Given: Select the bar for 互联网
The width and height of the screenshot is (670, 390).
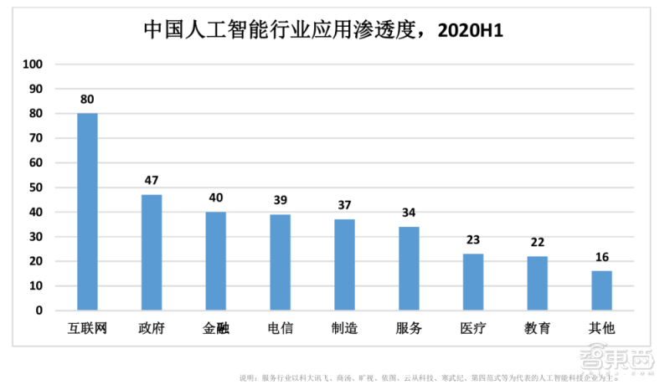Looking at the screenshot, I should point(87,212).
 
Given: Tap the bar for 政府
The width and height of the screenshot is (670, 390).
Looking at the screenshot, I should point(152,252).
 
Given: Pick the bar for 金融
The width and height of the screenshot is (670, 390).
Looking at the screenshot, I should point(215,260).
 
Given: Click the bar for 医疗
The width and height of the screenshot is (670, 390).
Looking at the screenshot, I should point(473,282).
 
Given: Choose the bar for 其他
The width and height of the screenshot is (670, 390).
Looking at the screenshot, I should point(601,290).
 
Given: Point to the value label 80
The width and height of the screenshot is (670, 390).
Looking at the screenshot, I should point(87,99).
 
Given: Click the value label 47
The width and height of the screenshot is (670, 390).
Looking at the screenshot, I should point(152,180).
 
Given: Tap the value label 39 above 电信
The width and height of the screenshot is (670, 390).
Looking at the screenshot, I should point(280,200).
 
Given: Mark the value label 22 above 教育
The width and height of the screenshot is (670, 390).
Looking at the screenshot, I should point(537,242).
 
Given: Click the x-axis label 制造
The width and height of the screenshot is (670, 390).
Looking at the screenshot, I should point(344,328).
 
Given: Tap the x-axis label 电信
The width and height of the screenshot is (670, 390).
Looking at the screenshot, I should point(280,328).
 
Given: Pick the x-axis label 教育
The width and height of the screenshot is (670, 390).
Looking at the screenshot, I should point(537,328).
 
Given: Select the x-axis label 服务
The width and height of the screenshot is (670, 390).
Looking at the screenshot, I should point(409,328).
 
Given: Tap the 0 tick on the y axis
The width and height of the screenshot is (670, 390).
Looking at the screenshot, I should point(39,310).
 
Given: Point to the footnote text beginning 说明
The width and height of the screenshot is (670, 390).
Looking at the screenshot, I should point(427,377).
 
